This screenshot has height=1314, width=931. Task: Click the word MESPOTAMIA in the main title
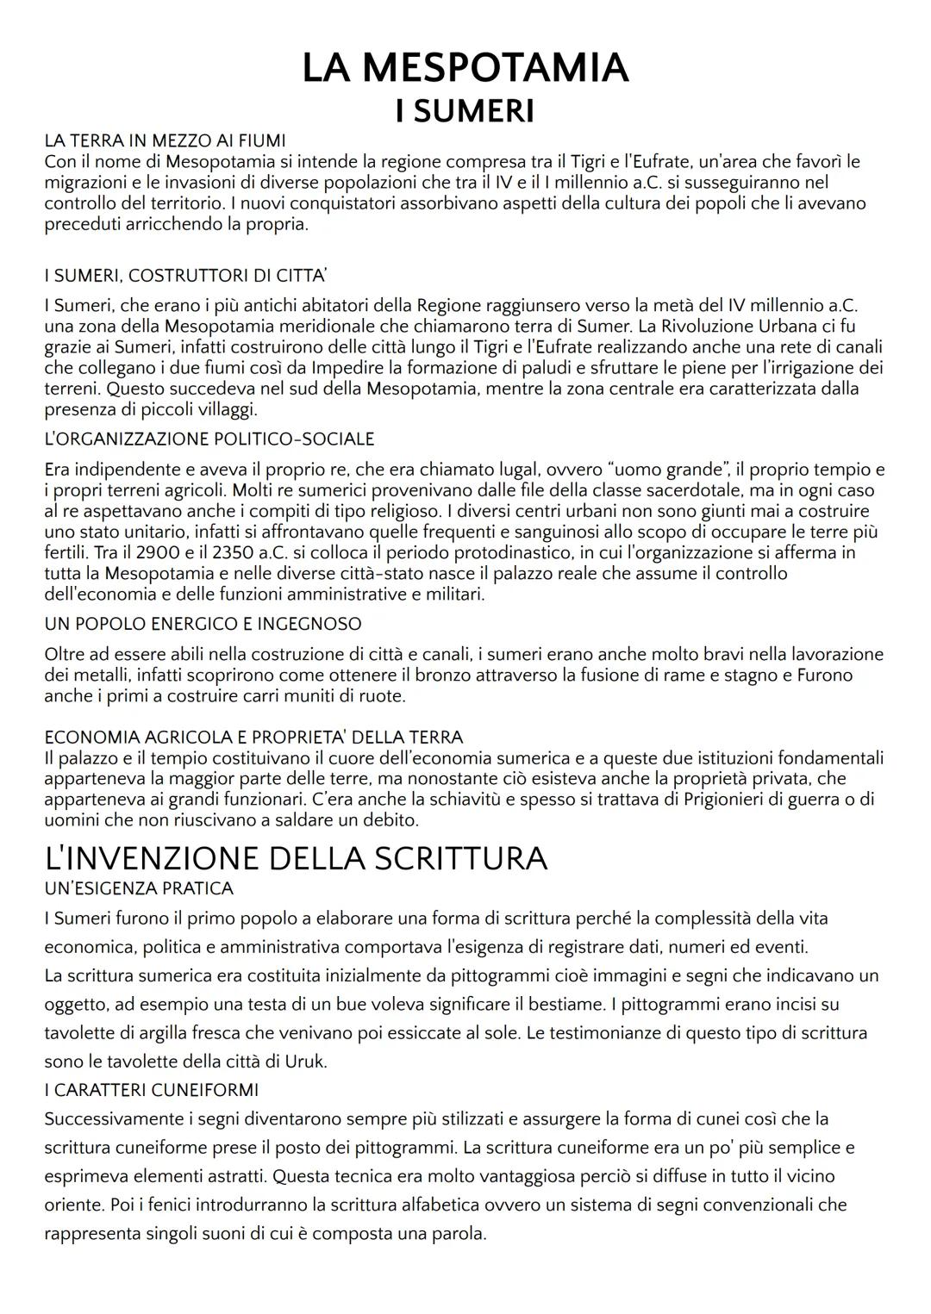click(495, 68)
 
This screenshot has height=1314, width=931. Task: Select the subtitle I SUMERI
click(465, 111)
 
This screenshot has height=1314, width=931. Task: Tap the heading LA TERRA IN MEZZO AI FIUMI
click(165, 140)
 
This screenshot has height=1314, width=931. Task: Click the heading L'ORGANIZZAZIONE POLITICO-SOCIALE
click(209, 439)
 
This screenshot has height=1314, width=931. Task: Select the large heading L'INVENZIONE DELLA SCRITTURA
click(296, 857)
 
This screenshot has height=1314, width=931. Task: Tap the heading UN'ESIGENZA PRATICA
click(139, 888)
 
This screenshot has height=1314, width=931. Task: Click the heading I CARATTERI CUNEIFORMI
click(151, 1090)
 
